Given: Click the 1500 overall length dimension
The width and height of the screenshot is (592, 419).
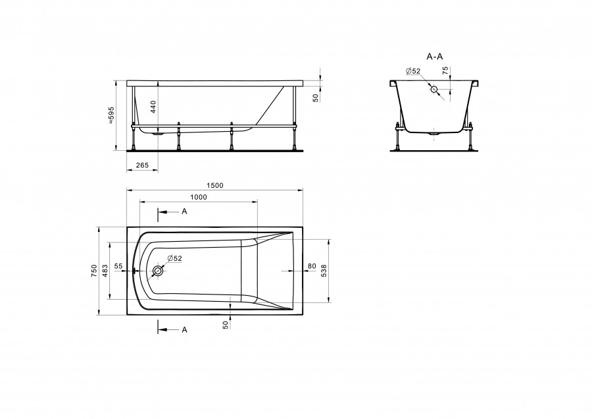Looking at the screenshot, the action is [215, 185].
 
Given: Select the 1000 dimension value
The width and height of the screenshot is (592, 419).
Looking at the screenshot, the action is [198, 197].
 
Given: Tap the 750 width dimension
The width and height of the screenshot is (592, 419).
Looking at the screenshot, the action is [94, 271].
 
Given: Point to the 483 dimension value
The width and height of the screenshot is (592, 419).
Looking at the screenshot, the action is [105, 271].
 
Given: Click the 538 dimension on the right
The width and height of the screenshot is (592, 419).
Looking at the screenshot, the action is [323, 271].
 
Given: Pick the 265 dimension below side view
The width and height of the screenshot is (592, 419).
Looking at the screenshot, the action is [142, 165].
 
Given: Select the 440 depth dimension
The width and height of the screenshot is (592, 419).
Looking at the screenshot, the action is [153, 107].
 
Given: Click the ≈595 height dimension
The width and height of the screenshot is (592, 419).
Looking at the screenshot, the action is [111, 115].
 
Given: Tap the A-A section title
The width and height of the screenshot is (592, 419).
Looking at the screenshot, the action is [435, 57].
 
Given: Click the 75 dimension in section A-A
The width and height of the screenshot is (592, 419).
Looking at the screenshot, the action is [445, 70].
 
